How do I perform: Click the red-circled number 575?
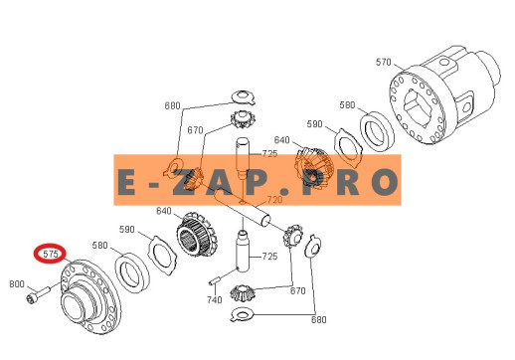(x=51, y=254)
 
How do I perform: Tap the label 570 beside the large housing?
(x=383, y=62)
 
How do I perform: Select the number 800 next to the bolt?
(x=17, y=284)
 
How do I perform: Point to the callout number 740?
(x=215, y=300)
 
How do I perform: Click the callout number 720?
(x=274, y=200)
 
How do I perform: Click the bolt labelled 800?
(x=37, y=294)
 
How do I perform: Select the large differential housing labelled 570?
(x=444, y=95)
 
